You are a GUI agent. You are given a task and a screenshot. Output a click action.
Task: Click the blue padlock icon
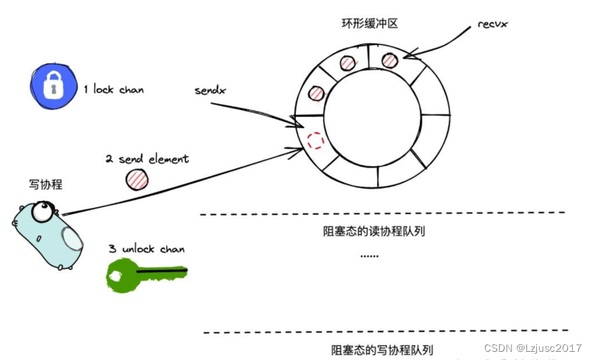pos(51,87)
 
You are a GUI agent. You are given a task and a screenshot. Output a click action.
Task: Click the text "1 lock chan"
pos(113,89)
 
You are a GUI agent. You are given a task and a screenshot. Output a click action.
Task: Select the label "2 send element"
pos(147,159)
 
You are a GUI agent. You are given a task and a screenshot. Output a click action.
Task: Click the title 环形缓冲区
pos(370,23)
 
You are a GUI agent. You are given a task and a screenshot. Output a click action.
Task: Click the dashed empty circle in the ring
pos(315,141)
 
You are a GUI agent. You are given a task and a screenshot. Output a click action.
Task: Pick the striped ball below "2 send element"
pos(136,179)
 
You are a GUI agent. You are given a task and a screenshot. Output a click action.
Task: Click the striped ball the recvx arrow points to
pos(389,60)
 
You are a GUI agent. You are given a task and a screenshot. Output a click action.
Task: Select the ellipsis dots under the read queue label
pos(369,256)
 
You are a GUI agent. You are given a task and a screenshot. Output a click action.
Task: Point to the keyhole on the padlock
pos(50,89)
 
